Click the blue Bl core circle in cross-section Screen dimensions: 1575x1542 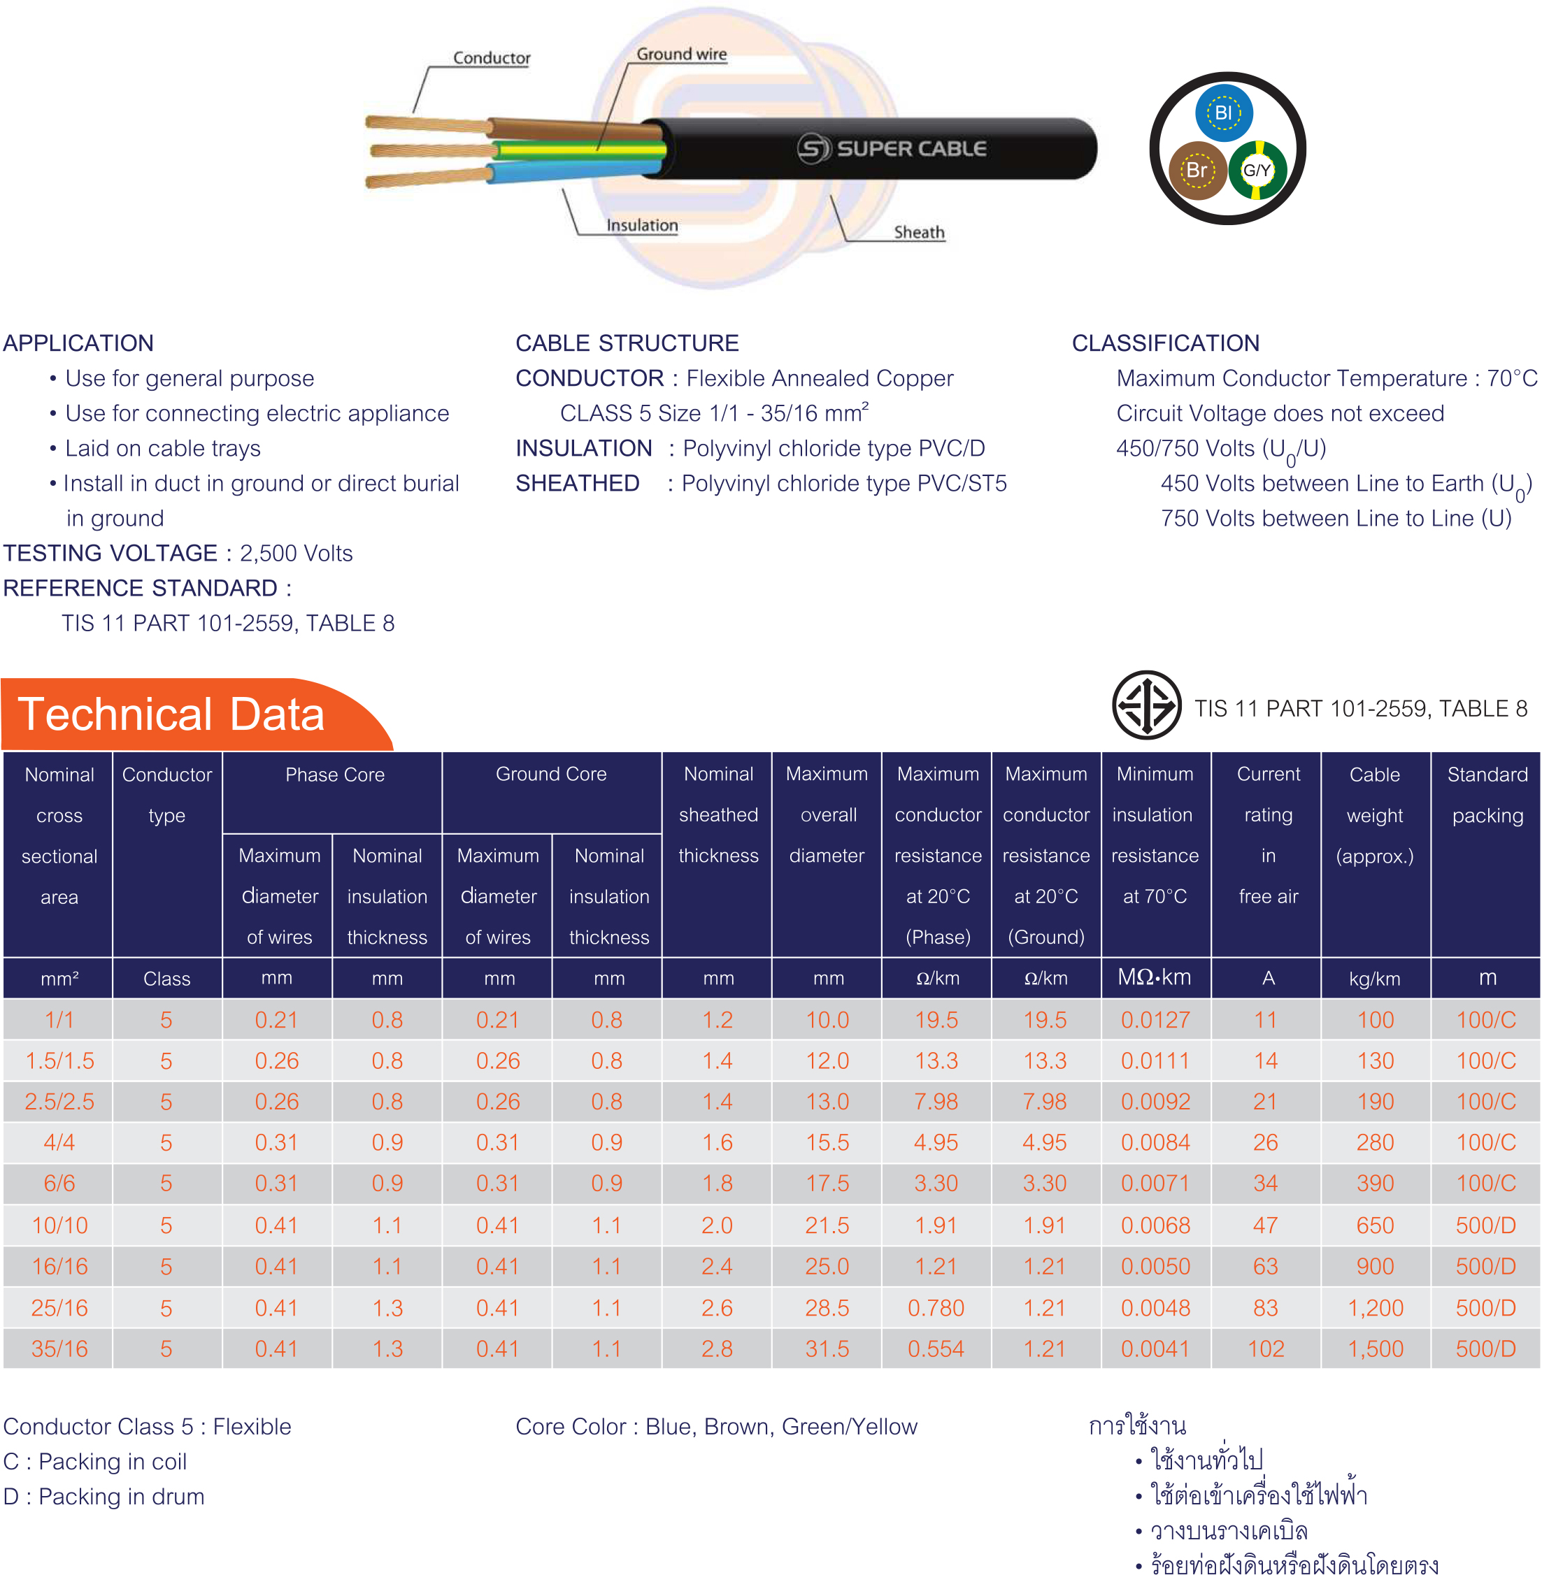tap(1224, 113)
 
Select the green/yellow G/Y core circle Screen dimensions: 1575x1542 tap(1257, 170)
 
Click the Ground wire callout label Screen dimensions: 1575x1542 tap(681, 55)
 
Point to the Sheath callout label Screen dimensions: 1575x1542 tap(918, 232)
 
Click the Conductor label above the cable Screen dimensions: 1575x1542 tap(491, 58)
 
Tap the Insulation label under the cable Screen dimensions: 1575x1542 tap(642, 225)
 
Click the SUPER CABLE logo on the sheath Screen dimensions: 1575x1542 tap(892, 148)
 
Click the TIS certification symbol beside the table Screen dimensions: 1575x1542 tap(1146, 705)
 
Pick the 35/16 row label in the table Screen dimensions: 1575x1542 tap(59, 1349)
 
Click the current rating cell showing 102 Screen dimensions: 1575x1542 tap(1266, 1349)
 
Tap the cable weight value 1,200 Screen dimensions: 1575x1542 tap(1375, 1308)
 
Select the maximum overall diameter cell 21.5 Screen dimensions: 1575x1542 tap(827, 1225)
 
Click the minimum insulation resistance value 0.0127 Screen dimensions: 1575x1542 tap(1155, 1019)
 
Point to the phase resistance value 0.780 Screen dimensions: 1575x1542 tap(936, 1308)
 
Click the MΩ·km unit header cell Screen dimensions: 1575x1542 tap(1154, 977)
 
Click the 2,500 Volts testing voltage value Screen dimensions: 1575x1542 tap(296, 553)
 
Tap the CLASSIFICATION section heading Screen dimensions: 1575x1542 tap(1165, 343)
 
